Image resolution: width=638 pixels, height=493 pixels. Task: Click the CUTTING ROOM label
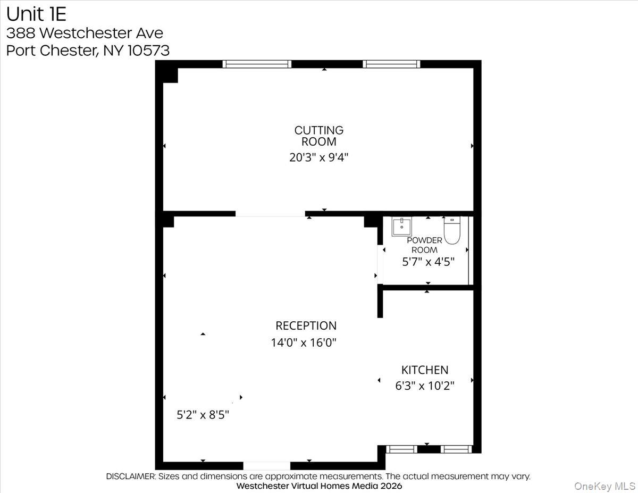(x=319, y=136)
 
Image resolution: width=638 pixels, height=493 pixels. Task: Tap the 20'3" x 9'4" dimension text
(x=319, y=157)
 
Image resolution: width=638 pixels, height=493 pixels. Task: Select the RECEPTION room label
(x=306, y=325)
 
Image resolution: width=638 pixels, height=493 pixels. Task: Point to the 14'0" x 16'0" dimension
(x=304, y=343)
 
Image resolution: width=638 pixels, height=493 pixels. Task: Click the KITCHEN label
(x=424, y=370)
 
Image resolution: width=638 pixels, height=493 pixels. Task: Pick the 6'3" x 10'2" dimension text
(x=424, y=386)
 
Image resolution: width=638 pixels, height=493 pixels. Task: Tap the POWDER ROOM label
(x=425, y=245)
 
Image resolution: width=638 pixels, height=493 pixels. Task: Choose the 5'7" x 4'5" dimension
(x=427, y=262)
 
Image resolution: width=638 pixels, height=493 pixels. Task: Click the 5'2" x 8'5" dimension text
(x=203, y=415)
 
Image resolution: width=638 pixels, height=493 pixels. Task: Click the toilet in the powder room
(x=452, y=231)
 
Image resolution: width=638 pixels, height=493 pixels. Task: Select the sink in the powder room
(x=401, y=227)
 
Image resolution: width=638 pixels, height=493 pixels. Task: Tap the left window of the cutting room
(x=257, y=64)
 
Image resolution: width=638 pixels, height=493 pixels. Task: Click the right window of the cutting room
(x=391, y=64)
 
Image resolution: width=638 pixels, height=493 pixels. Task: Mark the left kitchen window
(x=402, y=449)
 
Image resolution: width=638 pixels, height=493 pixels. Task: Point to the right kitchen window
(x=457, y=449)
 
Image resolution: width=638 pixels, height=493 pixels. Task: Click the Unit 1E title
(x=37, y=13)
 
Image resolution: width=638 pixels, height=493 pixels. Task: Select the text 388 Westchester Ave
(x=85, y=33)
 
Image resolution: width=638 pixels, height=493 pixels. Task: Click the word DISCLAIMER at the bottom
(x=131, y=477)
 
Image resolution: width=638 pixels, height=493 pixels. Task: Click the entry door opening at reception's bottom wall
(x=267, y=466)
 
